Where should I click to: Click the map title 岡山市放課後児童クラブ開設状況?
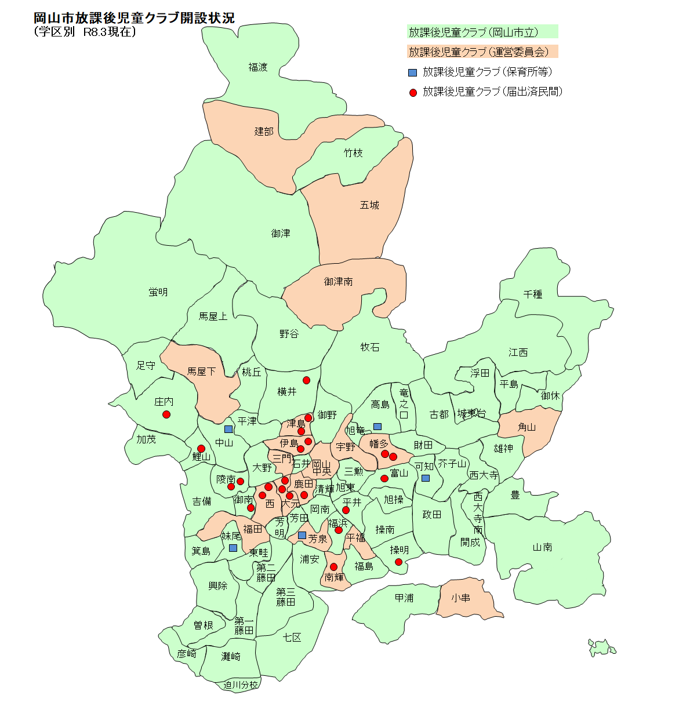coord(134,18)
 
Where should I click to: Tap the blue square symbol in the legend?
coord(412,72)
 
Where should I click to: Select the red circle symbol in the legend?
coord(413,92)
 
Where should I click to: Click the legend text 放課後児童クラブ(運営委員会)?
coord(478,52)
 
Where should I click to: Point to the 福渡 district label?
coord(258,67)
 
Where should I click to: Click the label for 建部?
coord(264,132)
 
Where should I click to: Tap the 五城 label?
coord(369,205)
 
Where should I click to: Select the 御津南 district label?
coord(338,282)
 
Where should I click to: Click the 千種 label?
coord(532,294)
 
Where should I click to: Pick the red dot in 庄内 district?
coord(166,414)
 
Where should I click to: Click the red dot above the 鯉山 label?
coord(201,449)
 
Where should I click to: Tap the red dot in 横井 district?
coord(306,380)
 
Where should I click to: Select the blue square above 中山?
coord(228,430)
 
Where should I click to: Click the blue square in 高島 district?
coord(377,427)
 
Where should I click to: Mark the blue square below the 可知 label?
coord(426,478)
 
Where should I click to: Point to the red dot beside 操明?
coord(398,562)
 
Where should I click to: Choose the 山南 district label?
coord(542,547)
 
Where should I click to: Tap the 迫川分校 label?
coord(241,685)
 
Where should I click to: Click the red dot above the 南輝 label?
coord(333,567)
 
